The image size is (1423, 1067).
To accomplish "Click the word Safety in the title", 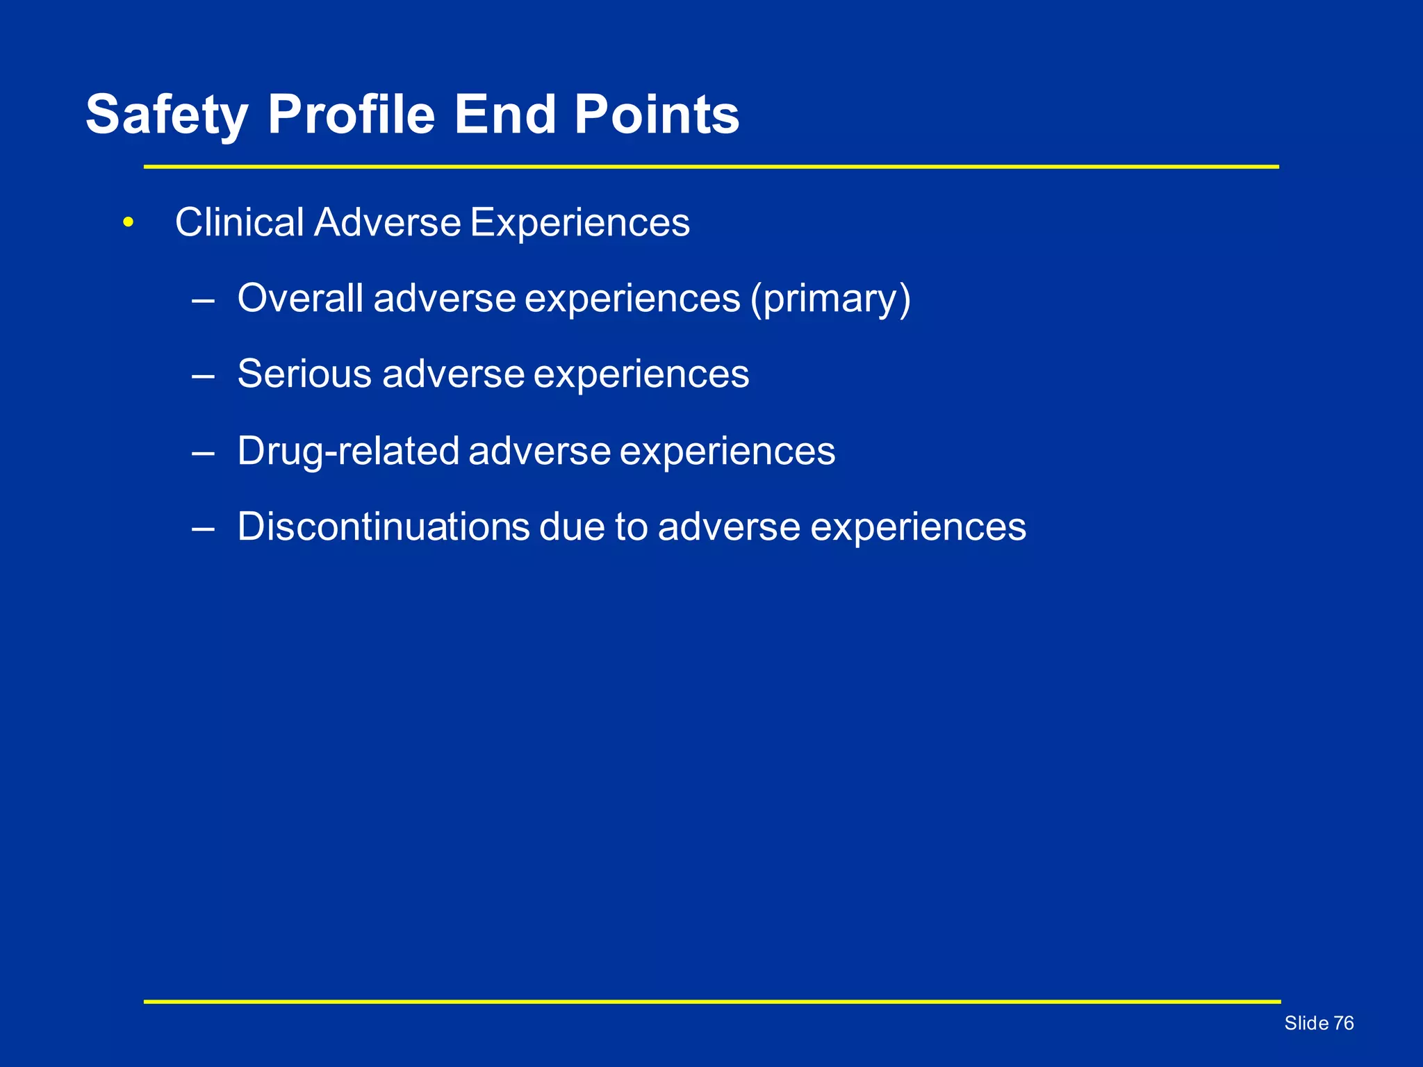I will tap(167, 115).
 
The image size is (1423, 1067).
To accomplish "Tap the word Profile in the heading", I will tap(351, 115).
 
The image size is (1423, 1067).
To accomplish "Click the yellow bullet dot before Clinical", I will tap(127, 223).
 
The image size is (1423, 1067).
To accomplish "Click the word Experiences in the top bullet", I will tap(579, 223).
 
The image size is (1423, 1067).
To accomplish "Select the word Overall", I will tap(300, 299).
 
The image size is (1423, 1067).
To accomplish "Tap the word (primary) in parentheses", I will tap(830, 299).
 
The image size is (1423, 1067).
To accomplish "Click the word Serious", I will tap(304, 374).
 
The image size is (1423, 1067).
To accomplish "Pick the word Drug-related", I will tap(347, 451).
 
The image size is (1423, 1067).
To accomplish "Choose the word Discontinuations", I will tap(384, 527).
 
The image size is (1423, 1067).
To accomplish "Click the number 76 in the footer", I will tap(1344, 1023).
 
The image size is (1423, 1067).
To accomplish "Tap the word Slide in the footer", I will tap(1306, 1023).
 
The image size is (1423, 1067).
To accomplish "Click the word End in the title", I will tap(505, 115).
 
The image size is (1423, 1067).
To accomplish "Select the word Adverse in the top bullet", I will tap(387, 223).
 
